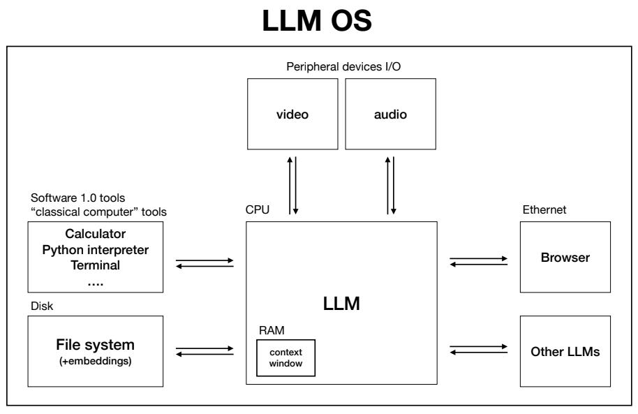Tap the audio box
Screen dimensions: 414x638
tap(390, 113)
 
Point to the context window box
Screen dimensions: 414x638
tap(286, 357)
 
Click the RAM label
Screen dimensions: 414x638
tap(266, 327)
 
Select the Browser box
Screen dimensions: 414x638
tap(565, 257)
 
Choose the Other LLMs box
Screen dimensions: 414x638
tap(565, 351)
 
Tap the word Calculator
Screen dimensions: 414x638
tap(95, 234)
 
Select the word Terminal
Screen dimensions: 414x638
tap(95, 265)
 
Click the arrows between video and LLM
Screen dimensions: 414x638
tap(293, 186)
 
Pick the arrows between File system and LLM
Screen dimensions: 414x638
tap(205, 350)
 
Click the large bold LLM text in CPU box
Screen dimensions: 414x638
tap(341, 304)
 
